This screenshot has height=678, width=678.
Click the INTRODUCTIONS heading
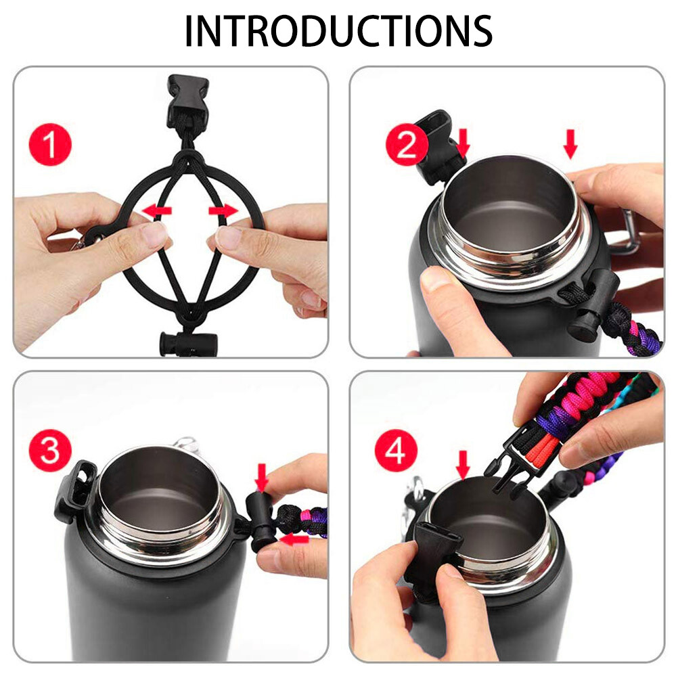click(338, 30)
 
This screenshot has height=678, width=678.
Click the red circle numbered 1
click(51, 145)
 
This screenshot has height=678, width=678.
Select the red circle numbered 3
click(51, 451)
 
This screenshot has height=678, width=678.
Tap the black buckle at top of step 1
click(187, 101)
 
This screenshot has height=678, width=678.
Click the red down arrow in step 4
click(463, 465)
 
